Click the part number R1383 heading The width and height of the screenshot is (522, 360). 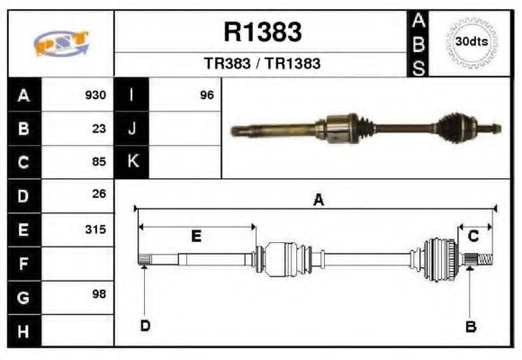click(262, 33)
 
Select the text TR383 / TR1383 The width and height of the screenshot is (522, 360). click(262, 64)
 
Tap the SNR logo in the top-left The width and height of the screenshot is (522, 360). click(61, 43)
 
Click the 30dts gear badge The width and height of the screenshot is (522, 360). click(472, 42)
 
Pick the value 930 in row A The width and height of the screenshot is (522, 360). click(95, 94)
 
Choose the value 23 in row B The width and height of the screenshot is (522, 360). click(99, 128)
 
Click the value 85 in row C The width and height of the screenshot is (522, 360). click(99, 162)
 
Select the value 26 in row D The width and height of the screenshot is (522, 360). click(99, 194)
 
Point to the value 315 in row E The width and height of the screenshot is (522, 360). click(95, 229)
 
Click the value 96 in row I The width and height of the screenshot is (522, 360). click(206, 94)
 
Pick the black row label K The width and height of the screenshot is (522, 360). click(132, 162)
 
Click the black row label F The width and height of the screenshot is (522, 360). click(23, 263)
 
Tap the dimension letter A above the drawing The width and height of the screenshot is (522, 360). click(318, 201)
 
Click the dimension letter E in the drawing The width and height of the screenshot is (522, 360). click(196, 236)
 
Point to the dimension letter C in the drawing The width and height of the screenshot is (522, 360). click(473, 236)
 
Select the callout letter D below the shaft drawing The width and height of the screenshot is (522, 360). click(144, 326)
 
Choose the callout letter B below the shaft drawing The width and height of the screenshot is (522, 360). click(470, 327)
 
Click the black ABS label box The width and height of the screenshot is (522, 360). click(418, 43)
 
